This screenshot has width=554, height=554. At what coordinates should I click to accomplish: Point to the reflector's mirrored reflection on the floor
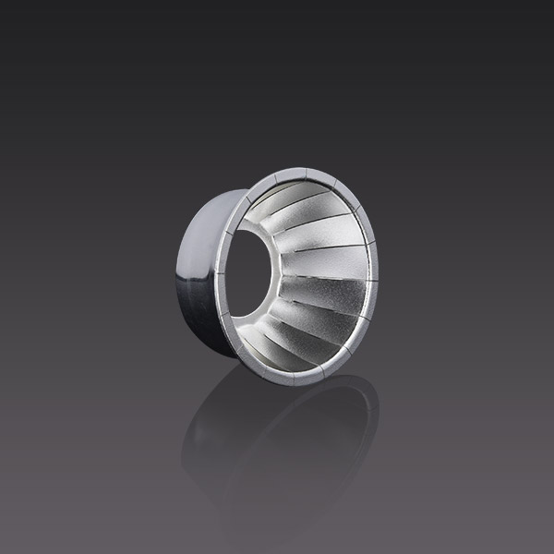277,443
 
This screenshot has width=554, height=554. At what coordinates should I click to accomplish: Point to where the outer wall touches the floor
222,355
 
